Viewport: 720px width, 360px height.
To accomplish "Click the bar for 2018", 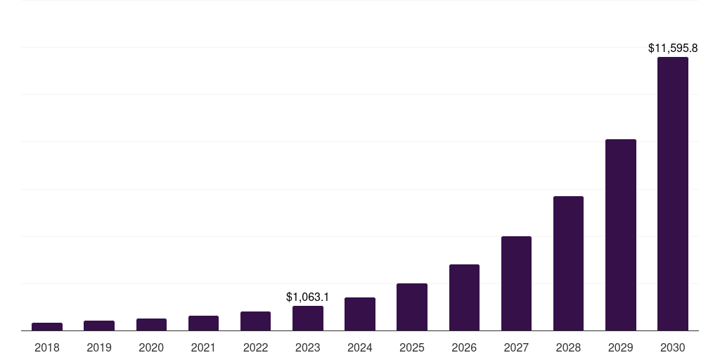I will (x=47, y=327).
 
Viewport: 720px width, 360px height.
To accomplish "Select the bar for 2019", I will (x=99, y=326).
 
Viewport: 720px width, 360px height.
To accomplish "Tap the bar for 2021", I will (x=203, y=323).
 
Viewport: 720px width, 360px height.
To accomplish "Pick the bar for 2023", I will (x=308, y=319).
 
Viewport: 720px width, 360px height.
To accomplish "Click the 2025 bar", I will (x=412, y=307).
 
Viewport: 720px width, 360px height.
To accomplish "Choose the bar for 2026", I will (x=464, y=297).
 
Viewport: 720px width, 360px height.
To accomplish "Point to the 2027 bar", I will (x=516, y=283).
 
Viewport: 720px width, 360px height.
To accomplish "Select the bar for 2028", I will (x=568, y=264).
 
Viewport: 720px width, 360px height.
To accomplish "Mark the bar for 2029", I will (x=621, y=235).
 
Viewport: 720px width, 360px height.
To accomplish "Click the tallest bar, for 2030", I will (x=673, y=194).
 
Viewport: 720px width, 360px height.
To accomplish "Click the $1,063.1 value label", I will (x=308, y=297).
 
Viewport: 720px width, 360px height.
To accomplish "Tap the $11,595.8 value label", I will (x=673, y=49).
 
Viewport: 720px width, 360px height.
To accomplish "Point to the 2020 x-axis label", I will (x=151, y=347).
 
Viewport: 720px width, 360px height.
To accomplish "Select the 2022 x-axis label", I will (x=256, y=347).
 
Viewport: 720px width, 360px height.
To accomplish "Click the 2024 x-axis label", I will (x=360, y=347).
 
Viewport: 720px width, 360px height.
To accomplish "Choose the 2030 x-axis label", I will (x=673, y=347).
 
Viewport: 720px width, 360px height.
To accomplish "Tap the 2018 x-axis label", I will (x=47, y=347).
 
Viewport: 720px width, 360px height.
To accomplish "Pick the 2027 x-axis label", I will (x=516, y=347).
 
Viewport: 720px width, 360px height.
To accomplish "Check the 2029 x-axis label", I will (x=621, y=347).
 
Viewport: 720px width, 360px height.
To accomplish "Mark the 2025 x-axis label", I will (x=412, y=347).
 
